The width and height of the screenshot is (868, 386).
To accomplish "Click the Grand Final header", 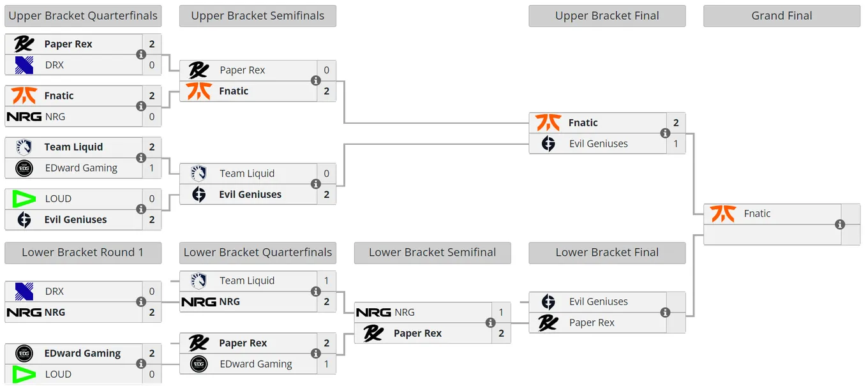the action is point(782,16).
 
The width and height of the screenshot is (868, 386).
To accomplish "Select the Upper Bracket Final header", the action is point(607,16).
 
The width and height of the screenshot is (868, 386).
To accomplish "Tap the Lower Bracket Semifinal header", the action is point(433,253).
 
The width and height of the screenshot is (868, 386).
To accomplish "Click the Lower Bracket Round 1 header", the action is point(83,253).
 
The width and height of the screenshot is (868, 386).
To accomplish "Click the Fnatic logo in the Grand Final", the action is point(722,214).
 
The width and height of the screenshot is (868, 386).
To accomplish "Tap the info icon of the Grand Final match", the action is point(840,225).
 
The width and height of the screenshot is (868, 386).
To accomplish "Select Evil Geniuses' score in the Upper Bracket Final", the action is point(676,144).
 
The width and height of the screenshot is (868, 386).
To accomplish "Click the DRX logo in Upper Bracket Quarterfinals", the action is point(24,65).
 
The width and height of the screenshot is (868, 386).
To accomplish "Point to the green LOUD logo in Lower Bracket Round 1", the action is point(24,375).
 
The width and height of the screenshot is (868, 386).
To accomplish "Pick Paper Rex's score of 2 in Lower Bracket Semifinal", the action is point(501,333).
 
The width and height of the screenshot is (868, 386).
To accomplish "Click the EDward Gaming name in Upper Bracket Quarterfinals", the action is point(82,168).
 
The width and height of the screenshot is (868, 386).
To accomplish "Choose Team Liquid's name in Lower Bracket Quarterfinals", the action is point(247,281).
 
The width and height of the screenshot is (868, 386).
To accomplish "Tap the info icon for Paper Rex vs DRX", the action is point(141,55).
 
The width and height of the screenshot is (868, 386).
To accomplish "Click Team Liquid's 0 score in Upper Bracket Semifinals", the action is point(327,174).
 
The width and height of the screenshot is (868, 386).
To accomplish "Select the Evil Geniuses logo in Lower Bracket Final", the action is point(548,302).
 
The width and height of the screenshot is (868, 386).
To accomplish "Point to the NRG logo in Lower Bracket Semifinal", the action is point(373,313).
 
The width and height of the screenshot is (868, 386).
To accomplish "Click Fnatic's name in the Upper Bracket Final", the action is point(583,123).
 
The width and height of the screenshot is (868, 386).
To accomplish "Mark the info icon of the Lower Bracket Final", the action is point(665,313).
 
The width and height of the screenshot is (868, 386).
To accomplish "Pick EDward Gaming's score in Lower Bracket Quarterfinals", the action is point(327,364).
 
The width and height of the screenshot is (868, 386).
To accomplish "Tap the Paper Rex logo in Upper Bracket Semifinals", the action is point(198,70).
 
